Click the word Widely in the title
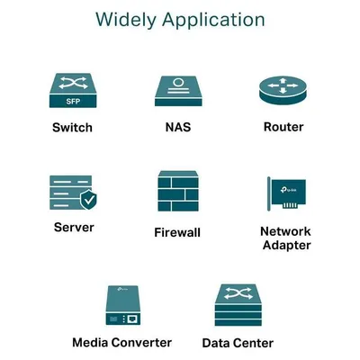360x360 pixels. tap(126, 20)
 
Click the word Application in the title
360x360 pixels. tap(213, 20)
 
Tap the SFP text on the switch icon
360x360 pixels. tap(73, 101)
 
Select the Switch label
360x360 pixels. tap(72, 128)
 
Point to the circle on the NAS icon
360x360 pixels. tap(178, 82)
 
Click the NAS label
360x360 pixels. tap(178, 127)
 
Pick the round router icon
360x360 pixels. tap(283, 90)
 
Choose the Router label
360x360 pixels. tap(283, 127)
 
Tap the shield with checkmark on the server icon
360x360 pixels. tap(88, 199)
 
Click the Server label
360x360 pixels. tap(74, 227)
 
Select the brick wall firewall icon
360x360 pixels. tap(178, 191)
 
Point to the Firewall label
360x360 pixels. tap(177, 232)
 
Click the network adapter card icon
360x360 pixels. tap(287, 193)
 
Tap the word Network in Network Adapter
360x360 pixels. tap(285, 231)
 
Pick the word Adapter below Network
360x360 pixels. tap(287, 245)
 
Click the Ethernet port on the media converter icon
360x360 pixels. tap(132, 319)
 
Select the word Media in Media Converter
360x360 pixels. tap(92, 342)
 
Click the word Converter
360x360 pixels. tap(143, 342)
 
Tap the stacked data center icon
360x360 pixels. tap(238, 305)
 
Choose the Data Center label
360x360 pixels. tap(238, 343)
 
